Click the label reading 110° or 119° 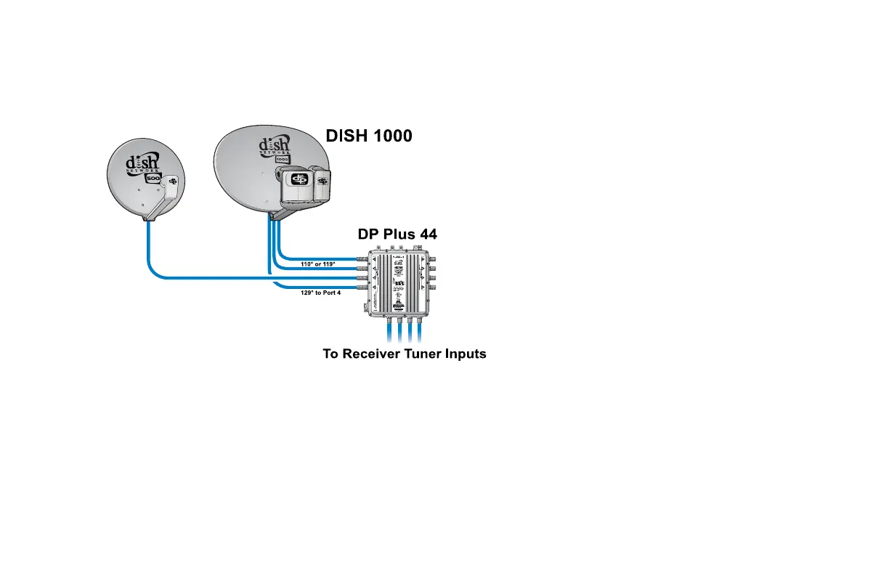[x=318, y=264]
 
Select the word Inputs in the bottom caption [x=463, y=354]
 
